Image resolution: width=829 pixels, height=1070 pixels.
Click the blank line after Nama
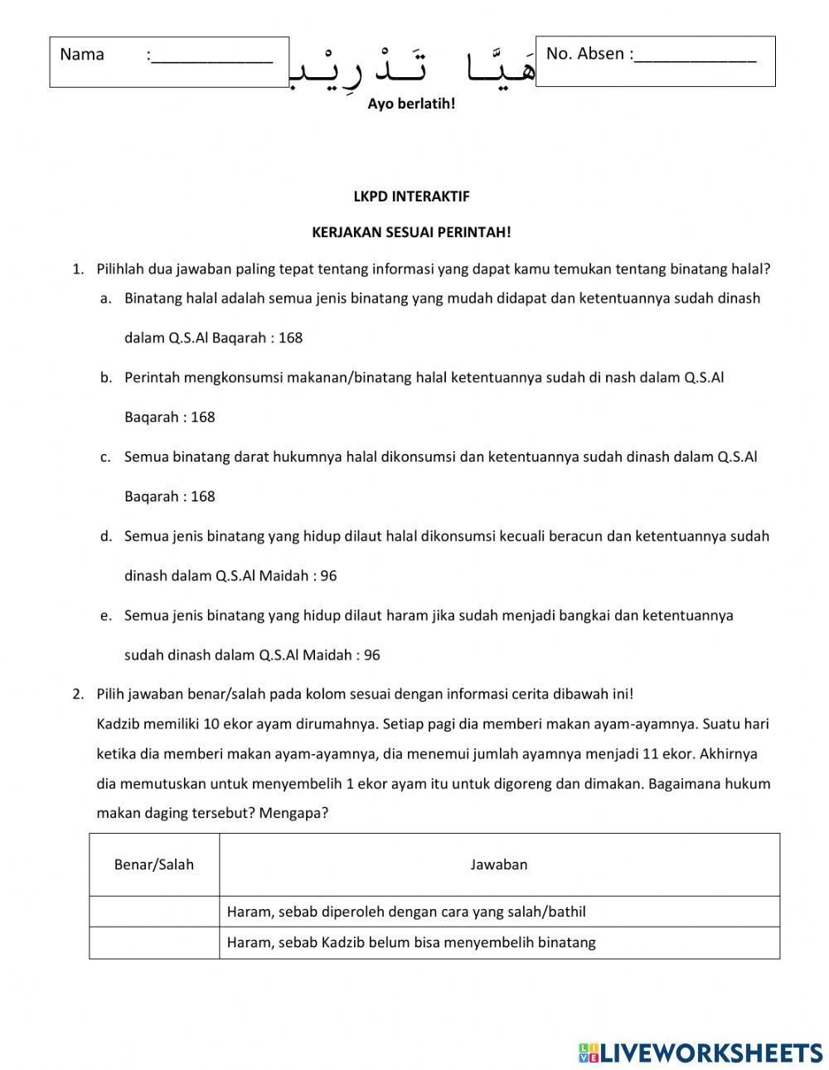[212, 56]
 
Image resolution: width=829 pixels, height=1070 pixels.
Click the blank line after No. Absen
[696, 56]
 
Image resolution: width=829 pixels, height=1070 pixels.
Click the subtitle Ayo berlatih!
[411, 104]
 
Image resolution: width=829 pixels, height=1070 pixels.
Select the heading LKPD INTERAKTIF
[411, 196]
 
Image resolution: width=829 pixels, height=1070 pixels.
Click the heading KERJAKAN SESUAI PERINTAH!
[411, 232]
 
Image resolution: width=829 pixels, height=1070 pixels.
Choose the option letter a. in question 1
[105, 298]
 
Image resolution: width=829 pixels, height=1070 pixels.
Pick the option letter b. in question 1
[105, 378]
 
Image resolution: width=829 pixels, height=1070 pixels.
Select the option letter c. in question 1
[105, 457]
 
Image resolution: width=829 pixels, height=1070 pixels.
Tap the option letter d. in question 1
[105, 536]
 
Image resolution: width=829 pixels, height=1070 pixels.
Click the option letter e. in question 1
[105, 616]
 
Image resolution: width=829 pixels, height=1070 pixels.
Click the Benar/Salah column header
[154, 864]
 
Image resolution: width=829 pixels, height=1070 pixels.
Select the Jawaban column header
[499, 864]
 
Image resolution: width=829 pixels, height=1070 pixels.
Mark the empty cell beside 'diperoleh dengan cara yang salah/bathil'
[154, 912]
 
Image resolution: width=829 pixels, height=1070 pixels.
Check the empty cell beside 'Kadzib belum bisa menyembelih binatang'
[154, 942]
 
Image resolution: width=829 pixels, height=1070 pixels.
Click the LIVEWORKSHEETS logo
[701, 1052]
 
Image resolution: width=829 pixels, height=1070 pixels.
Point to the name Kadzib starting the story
[117, 724]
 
